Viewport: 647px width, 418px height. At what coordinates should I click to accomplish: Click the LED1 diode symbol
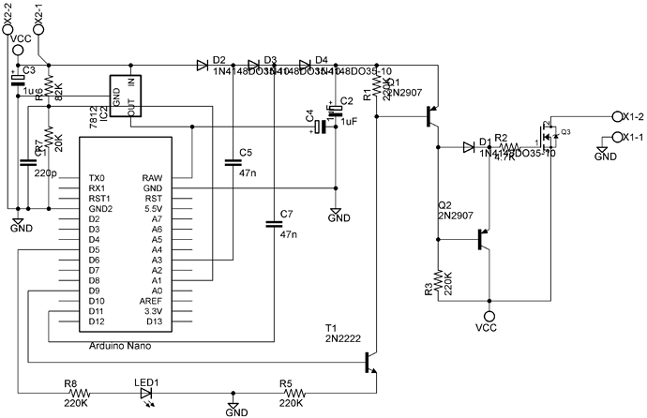click(146, 393)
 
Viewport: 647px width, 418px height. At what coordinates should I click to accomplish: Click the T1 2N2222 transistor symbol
click(372, 362)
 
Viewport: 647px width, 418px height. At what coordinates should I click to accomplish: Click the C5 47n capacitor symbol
click(233, 162)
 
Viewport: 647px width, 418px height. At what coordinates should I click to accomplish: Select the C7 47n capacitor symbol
click(272, 222)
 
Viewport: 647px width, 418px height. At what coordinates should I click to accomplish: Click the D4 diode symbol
click(306, 65)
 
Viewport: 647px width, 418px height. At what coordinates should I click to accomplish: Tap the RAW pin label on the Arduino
click(152, 178)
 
